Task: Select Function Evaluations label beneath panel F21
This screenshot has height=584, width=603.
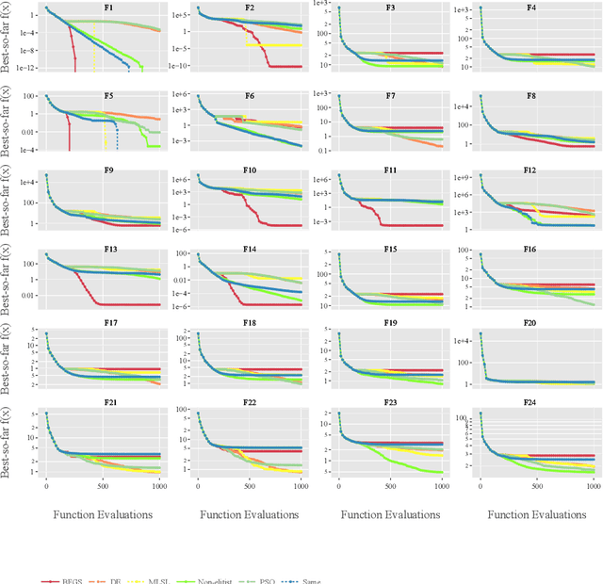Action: (104, 515)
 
